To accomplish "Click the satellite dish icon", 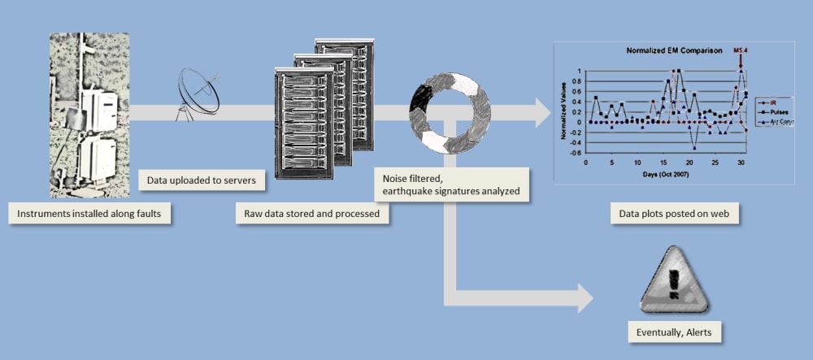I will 199,92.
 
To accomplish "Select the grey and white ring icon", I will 450,112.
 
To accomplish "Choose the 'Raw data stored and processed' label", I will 312,214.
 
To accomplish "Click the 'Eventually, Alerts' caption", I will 674,332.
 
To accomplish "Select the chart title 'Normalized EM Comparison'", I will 674,50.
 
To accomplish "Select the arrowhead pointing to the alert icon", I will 583,298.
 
